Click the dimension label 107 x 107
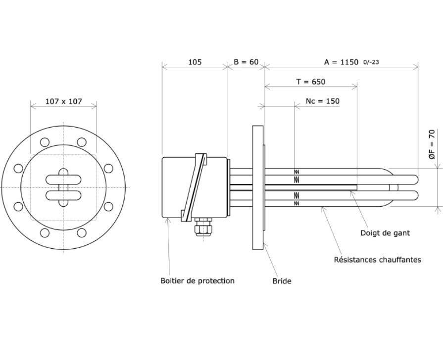click(x=63, y=101)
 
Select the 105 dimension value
click(x=195, y=62)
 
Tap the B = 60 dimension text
click(x=246, y=61)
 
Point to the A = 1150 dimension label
click(x=341, y=62)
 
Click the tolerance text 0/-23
click(x=371, y=62)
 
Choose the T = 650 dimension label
click(x=311, y=82)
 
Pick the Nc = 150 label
click(x=322, y=101)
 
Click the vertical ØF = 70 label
click(x=432, y=144)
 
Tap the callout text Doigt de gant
click(x=385, y=233)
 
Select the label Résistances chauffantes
click(x=378, y=260)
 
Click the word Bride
click(x=282, y=281)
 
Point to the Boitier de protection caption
click(x=197, y=281)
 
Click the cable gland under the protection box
click(x=203, y=225)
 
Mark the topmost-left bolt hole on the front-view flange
click(x=45, y=142)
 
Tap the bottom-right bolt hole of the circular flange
click(x=82, y=233)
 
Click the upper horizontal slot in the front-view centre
click(x=63, y=180)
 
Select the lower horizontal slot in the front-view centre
click(x=63, y=195)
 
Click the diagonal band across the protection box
click(x=194, y=187)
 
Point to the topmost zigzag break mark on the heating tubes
click(x=296, y=172)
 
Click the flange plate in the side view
click(x=258, y=187)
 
